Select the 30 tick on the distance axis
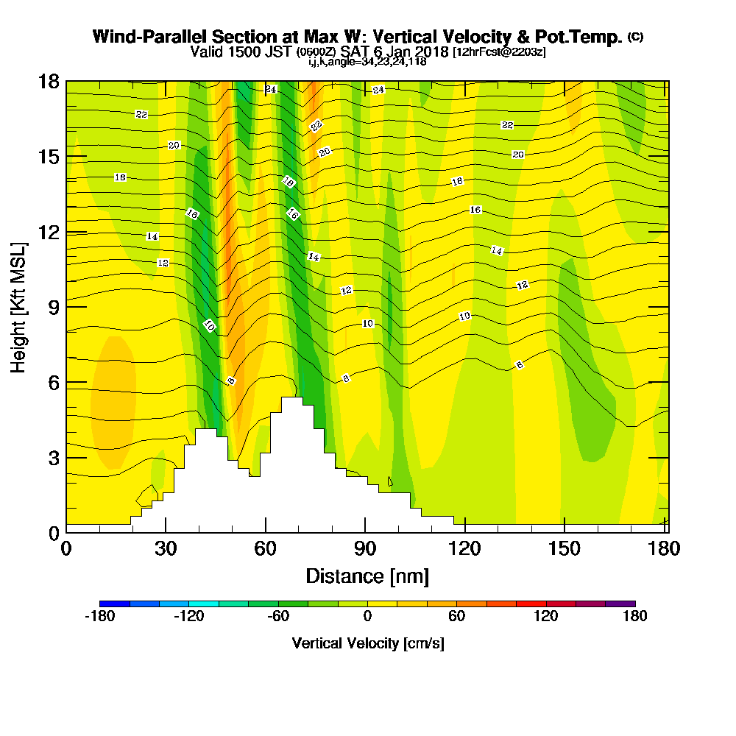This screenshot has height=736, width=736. click(x=166, y=532)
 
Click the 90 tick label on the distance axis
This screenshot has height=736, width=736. click(x=365, y=548)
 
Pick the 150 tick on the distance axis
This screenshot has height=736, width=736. click(x=564, y=532)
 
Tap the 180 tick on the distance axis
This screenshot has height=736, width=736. click(x=664, y=532)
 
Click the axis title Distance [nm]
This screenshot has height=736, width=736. click(x=367, y=576)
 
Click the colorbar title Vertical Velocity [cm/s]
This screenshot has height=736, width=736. click(x=367, y=643)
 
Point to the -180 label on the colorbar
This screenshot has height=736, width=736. click(x=99, y=617)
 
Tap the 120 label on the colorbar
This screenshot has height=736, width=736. click(x=545, y=617)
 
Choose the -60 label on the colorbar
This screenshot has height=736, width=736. click(x=277, y=617)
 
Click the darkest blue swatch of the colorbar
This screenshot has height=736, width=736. click(x=115, y=604)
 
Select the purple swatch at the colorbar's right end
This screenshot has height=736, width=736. click(x=620, y=604)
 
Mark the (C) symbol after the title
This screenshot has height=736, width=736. click(x=634, y=37)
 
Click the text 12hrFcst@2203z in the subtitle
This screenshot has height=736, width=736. click(x=500, y=52)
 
